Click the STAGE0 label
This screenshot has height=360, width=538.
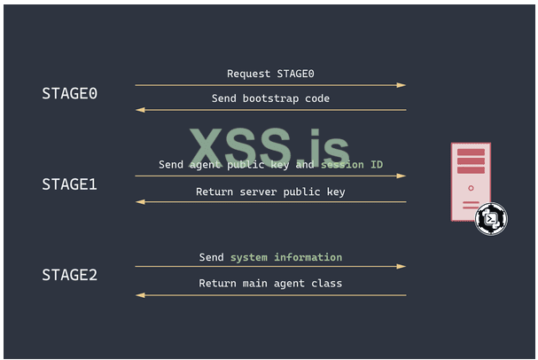coord(69,93)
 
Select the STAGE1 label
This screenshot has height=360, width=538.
coord(69,184)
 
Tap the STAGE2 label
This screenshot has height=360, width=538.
coord(69,275)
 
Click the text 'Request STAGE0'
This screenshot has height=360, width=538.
coord(270,74)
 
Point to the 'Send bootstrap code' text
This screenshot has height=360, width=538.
coord(270,98)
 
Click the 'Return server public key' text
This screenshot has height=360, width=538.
coord(270,191)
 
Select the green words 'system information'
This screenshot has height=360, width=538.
coord(286,257)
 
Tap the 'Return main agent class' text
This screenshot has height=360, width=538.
coord(270,283)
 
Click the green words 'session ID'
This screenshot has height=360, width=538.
coord(352,165)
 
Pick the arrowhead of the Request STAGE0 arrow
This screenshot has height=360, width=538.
coord(402,85)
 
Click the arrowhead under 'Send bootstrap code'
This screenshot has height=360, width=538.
coord(139,110)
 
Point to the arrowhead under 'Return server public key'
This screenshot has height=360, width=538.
coord(139,202)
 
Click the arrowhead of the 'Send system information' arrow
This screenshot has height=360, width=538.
coord(402,266)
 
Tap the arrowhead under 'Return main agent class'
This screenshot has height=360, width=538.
coord(139,295)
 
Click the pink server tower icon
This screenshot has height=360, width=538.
coord(471,182)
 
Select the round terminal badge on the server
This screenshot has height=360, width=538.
coord(490,218)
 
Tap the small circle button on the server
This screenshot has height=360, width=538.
coord(471,188)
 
